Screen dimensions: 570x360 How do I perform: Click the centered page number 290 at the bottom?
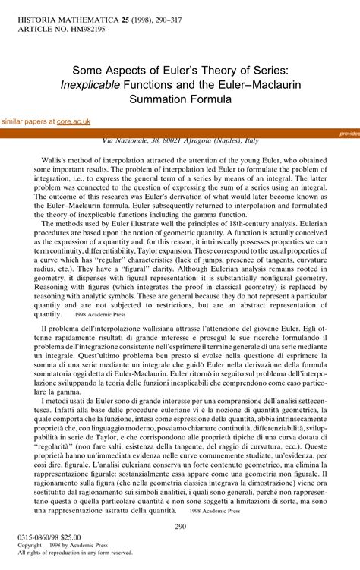click(180, 527)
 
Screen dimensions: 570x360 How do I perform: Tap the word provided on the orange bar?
click(349, 133)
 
